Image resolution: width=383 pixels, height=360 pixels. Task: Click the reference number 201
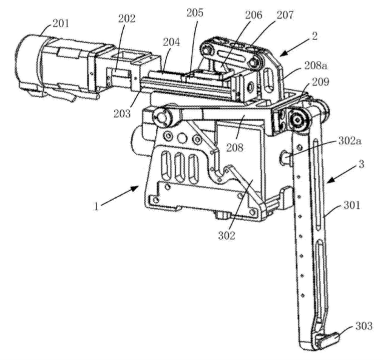coord(61,24)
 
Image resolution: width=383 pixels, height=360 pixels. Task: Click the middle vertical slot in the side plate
coord(180,167)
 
